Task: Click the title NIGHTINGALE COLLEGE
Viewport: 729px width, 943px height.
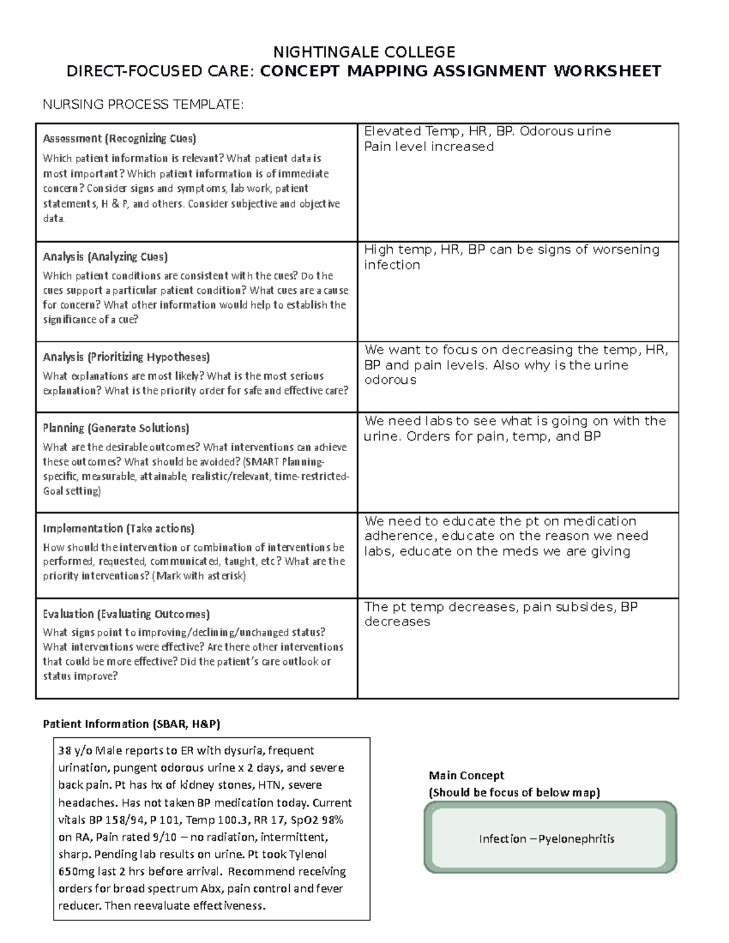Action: click(x=364, y=52)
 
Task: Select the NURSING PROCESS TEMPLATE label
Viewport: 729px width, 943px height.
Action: click(x=142, y=104)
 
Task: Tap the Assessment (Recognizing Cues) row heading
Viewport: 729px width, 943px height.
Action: click(x=119, y=138)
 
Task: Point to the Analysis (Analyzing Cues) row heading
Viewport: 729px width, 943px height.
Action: click(x=105, y=256)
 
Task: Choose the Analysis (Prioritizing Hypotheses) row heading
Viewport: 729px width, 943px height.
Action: click(x=126, y=356)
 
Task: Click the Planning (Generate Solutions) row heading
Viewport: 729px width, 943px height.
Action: click(x=115, y=428)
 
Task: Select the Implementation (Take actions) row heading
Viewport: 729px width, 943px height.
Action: click(x=118, y=528)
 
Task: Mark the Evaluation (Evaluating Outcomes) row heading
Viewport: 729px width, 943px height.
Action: click(x=126, y=614)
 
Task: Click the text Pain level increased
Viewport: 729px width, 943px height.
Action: click(x=428, y=146)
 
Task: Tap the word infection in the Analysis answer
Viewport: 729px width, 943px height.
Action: click(x=392, y=265)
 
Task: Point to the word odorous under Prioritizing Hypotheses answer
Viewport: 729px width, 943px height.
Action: click(x=390, y=380)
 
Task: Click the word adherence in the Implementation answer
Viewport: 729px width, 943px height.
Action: click(x=400, y=536)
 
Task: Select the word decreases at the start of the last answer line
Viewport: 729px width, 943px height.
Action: click(x=397, y=622)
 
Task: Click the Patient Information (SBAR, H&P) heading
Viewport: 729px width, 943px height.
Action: click(x=131, y=724)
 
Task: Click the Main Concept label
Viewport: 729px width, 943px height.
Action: click(x=466, y=775)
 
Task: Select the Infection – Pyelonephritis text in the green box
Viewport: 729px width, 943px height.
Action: click(x=546, y=839)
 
